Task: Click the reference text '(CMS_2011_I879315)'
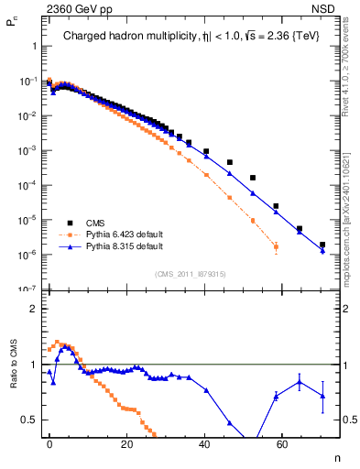click(191, 272)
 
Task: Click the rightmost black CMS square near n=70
click(322, 245)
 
